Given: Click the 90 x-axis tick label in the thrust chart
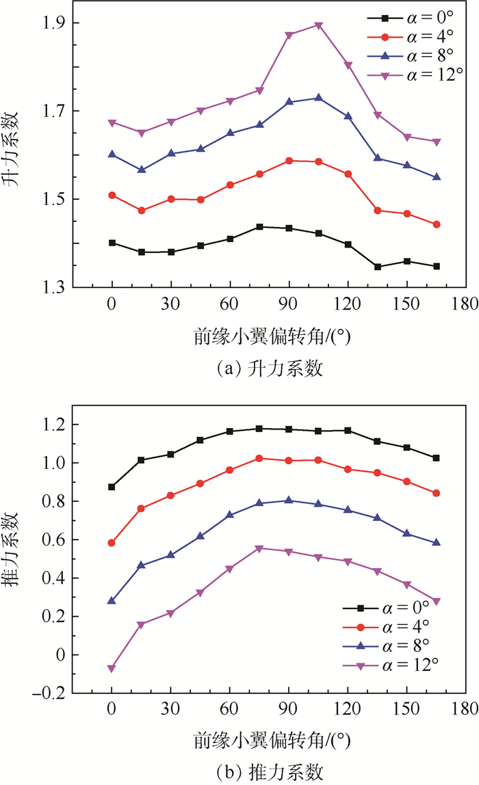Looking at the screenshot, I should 289,709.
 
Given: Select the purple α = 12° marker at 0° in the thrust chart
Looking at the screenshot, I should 112,668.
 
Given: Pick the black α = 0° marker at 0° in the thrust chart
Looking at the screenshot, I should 112,487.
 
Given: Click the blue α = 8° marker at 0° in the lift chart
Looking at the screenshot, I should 112,154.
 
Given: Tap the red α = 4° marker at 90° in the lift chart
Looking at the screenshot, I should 289,161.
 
